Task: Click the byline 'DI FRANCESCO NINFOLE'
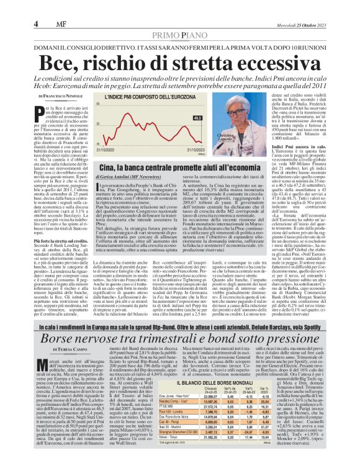tap(61, 97)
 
